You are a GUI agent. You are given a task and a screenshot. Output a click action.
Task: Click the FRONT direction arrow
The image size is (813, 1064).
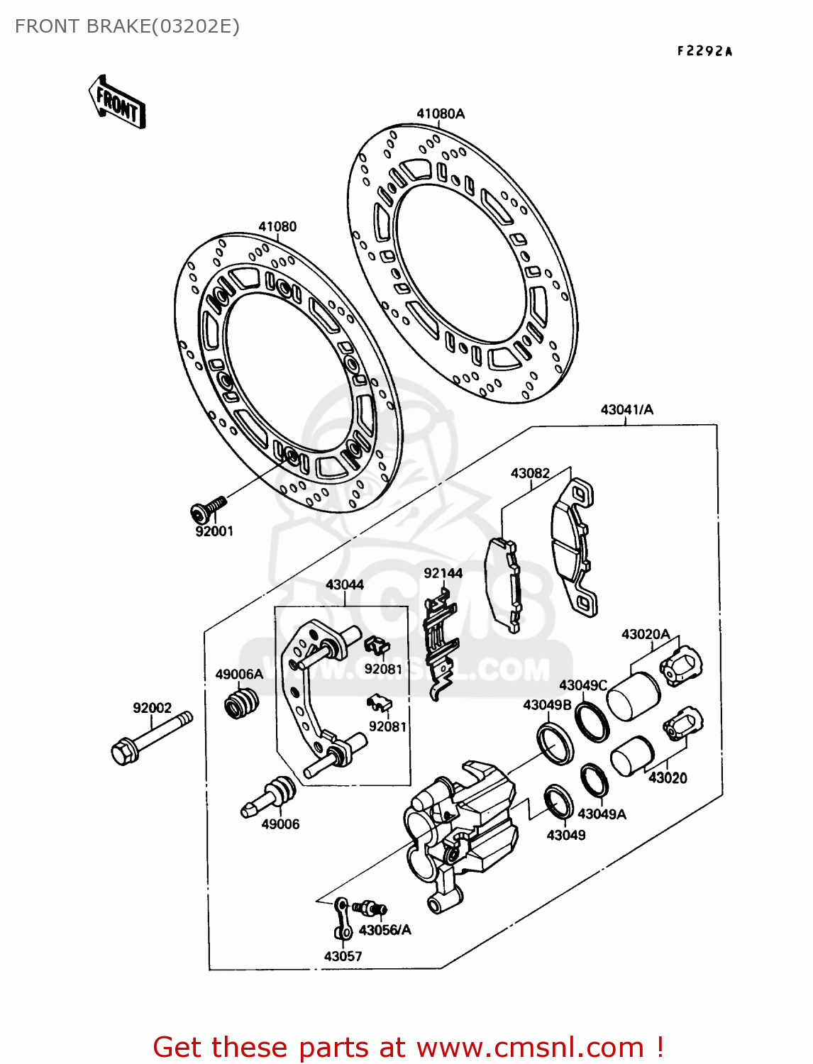pyautogui.click(x=118, y=104)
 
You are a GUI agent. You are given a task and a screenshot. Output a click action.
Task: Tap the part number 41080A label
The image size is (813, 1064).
pyautogui.click(x=440, y=113)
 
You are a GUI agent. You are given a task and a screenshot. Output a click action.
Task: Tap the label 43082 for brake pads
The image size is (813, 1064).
pyautogui.click(x=530, y=473)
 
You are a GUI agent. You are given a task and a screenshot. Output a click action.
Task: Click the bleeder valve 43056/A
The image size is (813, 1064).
pyautogui.click(x=371, y=908)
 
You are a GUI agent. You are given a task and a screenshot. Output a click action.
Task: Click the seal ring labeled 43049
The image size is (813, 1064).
pyautogui.click(x=558, y=802)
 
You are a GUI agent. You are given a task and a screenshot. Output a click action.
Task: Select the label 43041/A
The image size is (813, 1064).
pyautogui.click(x=626, y=410)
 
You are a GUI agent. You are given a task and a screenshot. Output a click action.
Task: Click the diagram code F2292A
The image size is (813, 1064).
pyautogui.click(x=704, y=51)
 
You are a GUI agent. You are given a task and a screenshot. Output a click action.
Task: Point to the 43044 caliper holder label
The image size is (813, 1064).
pyautogui.click(x=345, y=584)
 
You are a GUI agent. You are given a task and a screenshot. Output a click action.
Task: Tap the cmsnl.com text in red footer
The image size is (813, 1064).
pyautogui.click(x=529, y=1047)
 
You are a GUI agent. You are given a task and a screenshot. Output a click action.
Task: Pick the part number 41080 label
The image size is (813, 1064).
pyautogui.click(x=277, y=227)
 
